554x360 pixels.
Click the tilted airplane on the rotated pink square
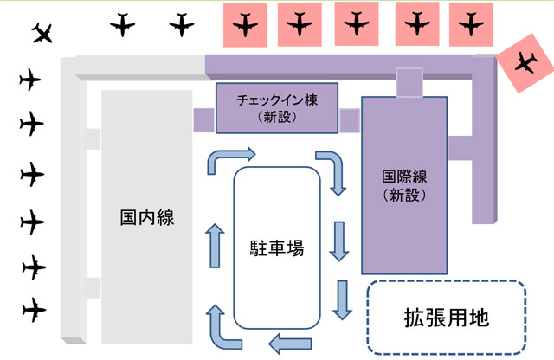[x=524, y=63]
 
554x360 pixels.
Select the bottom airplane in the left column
[x=32, y=307]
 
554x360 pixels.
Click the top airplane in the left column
[x=30, y=80]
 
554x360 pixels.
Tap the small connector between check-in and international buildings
[x=350, y=120]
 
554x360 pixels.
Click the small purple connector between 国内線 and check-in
[x=203, y=119]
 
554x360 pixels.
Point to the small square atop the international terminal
[x=409, y=83]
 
